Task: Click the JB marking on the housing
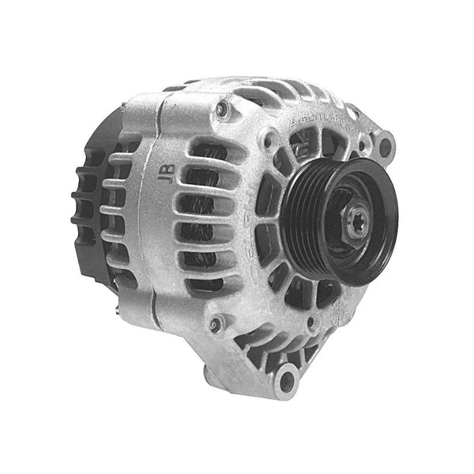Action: [167, 175]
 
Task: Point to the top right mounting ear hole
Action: [385, 145]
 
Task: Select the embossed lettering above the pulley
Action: [320, 119]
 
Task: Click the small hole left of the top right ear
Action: [362, 145]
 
